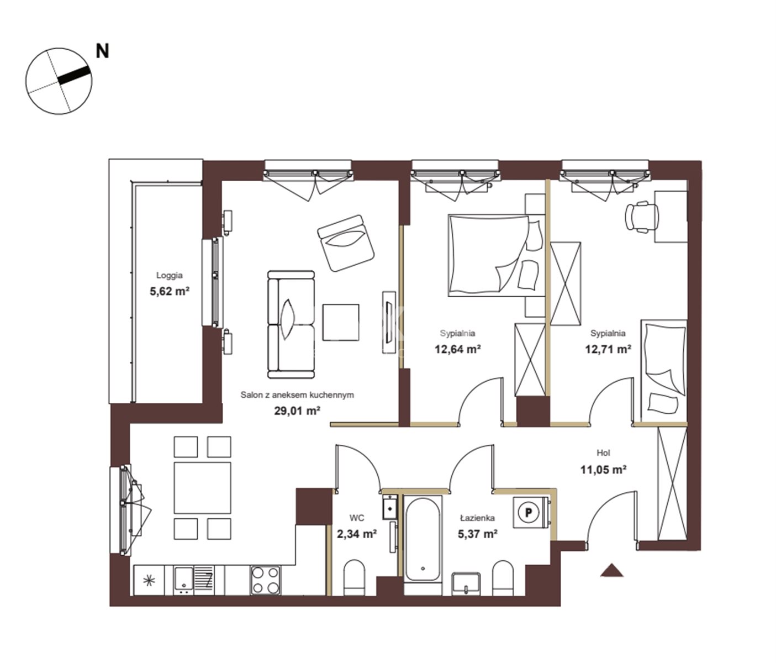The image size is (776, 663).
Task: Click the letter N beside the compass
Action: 102,51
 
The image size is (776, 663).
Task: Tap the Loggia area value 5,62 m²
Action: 170,291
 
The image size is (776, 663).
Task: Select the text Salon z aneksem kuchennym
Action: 297,395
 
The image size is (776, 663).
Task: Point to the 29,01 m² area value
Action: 297,411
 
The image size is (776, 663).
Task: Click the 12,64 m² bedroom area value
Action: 458,349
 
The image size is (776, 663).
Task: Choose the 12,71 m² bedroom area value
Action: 608,349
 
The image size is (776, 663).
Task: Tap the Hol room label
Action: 603,453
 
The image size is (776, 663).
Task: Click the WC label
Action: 357,518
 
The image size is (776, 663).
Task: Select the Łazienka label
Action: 478,518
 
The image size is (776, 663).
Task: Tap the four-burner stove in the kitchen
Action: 266,581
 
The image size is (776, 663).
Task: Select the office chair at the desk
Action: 641,217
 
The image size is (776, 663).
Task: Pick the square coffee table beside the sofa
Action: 341,322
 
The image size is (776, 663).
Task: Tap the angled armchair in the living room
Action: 346,243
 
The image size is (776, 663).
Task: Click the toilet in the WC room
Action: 354,577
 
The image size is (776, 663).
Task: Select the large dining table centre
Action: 202,488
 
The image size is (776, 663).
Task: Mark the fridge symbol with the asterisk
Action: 149,581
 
